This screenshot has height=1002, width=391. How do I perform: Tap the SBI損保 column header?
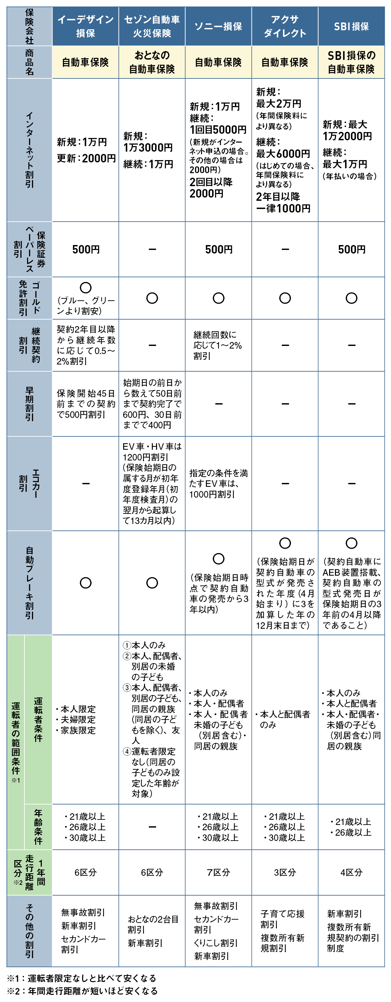(x=351, y=26)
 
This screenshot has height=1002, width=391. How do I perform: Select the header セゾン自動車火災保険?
(x=152, y=26)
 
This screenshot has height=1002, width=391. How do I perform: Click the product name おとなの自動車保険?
(x=152, y=62)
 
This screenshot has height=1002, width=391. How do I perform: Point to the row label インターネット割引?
(x=30, y=150)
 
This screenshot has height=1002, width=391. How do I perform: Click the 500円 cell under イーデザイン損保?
(x=86, y=249)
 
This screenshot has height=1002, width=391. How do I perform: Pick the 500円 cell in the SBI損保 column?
(x=351, y=249)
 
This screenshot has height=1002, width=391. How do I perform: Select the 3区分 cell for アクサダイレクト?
(x=285, y=872)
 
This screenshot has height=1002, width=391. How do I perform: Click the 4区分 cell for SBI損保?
(x=351, y=872)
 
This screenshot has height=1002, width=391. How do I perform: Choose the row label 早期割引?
(x=30, y=404)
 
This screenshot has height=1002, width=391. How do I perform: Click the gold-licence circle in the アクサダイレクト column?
(x=285, y=298)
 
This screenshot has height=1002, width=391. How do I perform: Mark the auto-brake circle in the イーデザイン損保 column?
(x=86, y=583)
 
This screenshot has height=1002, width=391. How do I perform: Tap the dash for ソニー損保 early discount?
(x=219, y=404)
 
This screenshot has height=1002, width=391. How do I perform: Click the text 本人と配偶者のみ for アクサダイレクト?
(x=285, y=719)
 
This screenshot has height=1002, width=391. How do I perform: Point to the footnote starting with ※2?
(x=82, y=991)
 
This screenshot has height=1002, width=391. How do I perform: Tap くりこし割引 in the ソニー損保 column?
(x=216, y=943)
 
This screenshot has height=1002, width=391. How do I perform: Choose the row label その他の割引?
(x=30, y=930)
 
